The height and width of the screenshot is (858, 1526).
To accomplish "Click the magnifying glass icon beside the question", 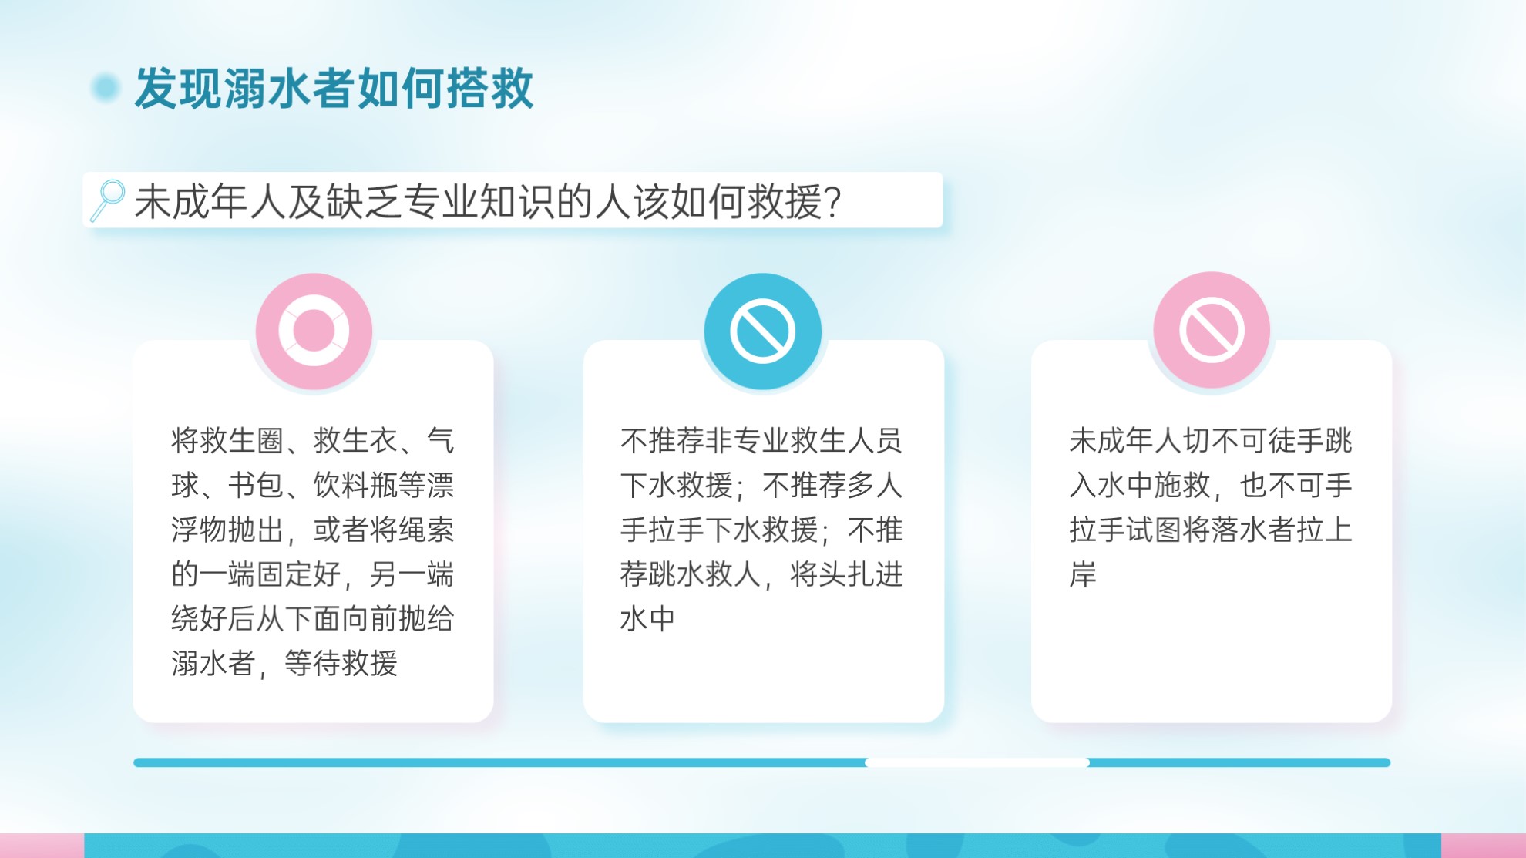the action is (108, 200).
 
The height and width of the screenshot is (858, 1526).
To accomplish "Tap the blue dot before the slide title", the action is (106, 88).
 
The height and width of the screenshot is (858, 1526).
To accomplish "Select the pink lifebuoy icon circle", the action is (314, 331).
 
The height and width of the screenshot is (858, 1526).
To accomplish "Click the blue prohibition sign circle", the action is (762, 331).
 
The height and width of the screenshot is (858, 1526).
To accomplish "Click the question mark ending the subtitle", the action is (832, 202).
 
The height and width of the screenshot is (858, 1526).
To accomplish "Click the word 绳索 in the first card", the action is (425, 530).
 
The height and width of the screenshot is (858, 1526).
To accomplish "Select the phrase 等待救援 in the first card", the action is (341, 663).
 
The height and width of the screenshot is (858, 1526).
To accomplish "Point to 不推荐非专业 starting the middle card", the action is (705, 441).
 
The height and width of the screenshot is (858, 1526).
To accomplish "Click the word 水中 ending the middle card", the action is (648, 618).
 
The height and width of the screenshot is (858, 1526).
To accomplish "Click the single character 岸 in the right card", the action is (1083, 574).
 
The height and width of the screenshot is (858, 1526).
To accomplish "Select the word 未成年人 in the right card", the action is (1125, 441).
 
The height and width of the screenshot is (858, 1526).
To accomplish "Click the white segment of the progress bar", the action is (977, 762).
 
